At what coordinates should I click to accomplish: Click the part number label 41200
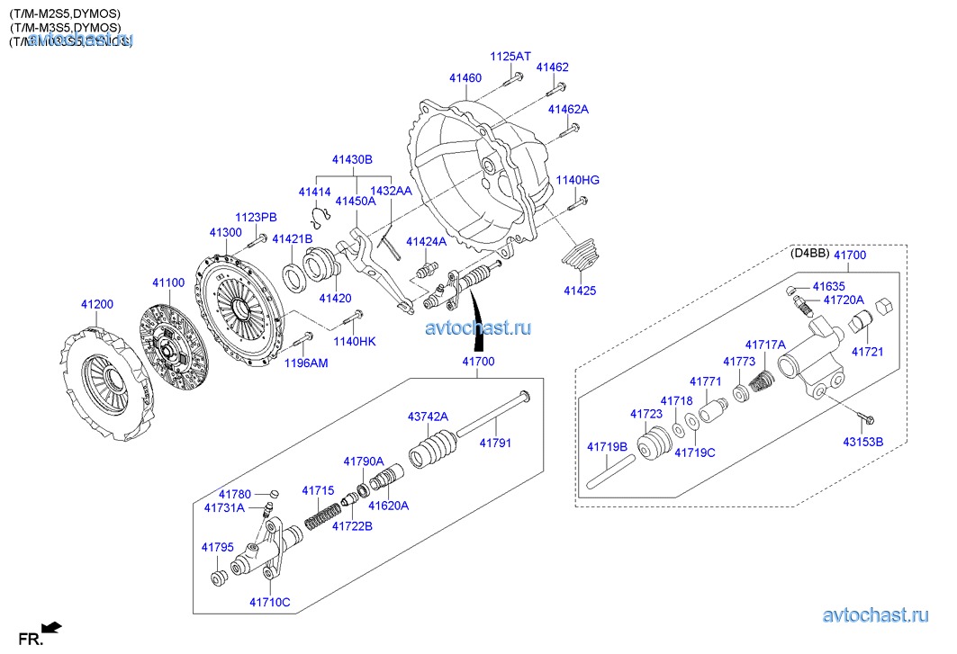[96, 304]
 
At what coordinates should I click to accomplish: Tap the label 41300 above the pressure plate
[225, 233]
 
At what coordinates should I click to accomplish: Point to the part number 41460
[465, 78]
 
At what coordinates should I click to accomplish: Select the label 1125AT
[510, 57]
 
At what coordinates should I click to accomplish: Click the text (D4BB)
[808, 254]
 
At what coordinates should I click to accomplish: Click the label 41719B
[607, 446]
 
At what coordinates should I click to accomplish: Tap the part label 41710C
[270, 601]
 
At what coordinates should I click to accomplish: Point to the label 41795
[217, 547]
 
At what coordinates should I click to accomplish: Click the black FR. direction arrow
[53, 626]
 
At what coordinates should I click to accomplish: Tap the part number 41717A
[765, 345]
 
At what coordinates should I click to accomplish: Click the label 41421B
[292, 238]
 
